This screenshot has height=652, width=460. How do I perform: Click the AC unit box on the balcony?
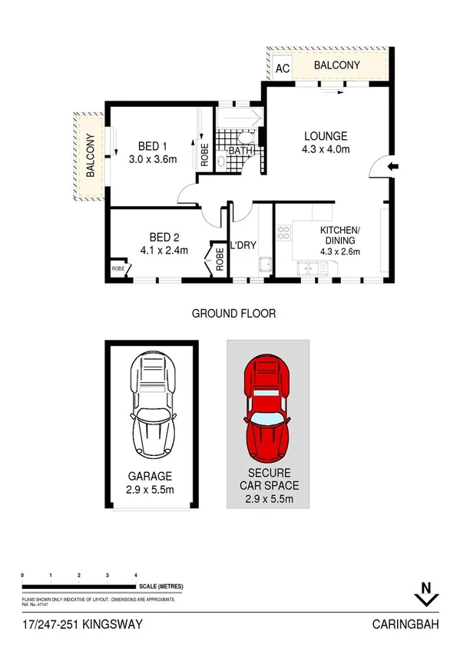[x=282, y=68]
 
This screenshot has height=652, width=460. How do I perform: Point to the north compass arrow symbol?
[x=422, y=594]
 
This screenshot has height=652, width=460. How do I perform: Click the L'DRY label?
[x=243, y=246]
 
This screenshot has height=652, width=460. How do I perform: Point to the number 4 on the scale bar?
[x=135, y=575]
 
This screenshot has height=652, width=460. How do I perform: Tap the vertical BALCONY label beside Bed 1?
[x=90, y=156]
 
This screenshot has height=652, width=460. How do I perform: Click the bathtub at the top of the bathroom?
[x=239, y=119]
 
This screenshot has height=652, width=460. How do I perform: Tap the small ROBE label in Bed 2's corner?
[x=119, y=268]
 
